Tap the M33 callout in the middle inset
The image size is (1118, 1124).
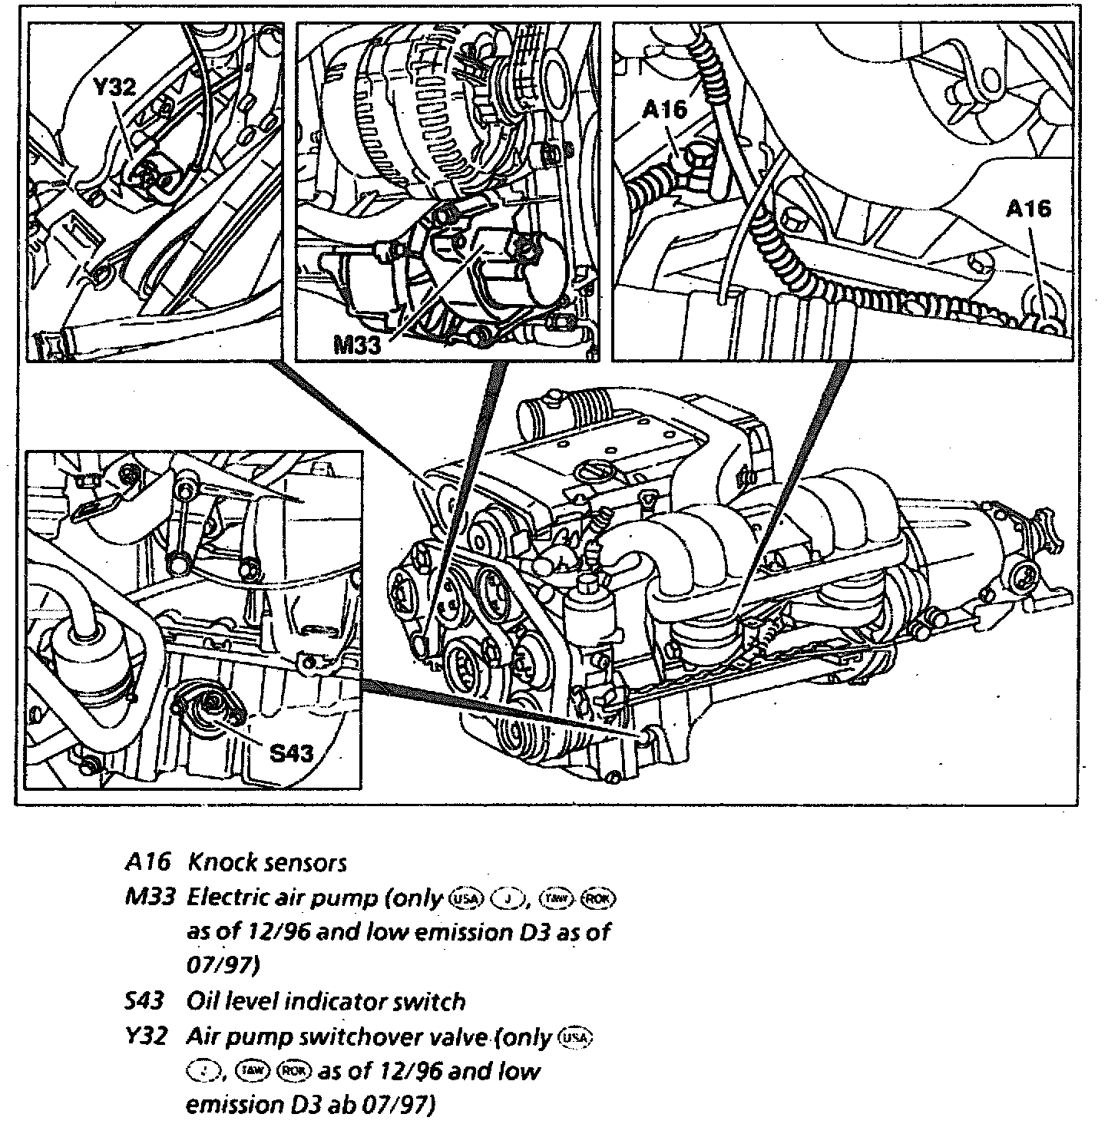357,345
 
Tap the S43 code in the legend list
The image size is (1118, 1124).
146,1001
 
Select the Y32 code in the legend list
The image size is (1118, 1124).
146,1036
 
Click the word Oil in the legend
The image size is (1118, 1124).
202,1001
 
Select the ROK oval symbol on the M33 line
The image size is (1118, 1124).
600,898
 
